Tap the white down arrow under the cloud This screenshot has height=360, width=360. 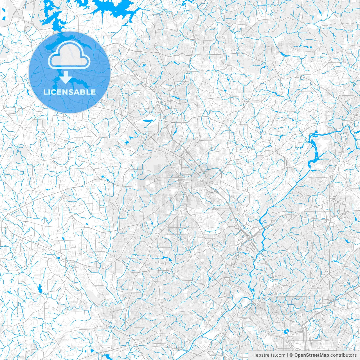(66, 78)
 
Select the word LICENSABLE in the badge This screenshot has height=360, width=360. (69, 92)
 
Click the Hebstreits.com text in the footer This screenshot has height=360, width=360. (269, 355)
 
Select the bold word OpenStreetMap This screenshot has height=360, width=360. (311, 355)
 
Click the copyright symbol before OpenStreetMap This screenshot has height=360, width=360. (291, 355)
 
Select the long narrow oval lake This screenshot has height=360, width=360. (148, 121)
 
